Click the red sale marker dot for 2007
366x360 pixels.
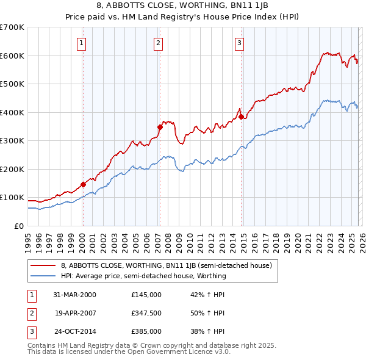point(160,128)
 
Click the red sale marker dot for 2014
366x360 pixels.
point(241,117)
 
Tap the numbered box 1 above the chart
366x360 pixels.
point(82,43)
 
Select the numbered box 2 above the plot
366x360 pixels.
point(158,43)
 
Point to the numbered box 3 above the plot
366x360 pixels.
point(240,43)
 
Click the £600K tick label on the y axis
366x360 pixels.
point(12,56)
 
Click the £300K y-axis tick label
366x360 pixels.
point(12,141)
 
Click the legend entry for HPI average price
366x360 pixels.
point(143,276)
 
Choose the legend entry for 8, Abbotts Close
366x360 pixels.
point(170,265)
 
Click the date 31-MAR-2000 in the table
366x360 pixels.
point(75,295)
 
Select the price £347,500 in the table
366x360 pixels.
point(146,313)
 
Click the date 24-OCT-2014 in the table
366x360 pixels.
point(75,331)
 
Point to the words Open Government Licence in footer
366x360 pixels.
point(178,352)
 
